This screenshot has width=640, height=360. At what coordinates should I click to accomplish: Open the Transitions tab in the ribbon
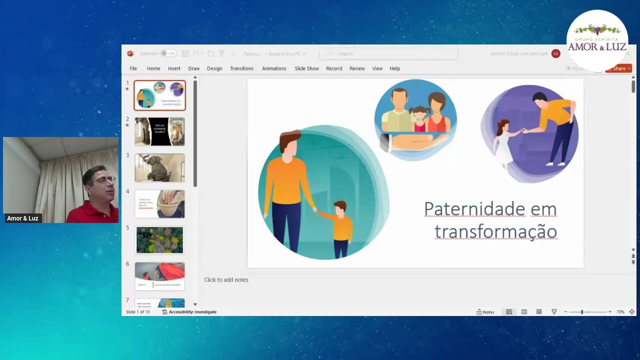(241, 68)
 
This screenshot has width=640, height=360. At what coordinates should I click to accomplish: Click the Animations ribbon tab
(274, 68)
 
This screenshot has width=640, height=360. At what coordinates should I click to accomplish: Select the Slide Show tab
(306, 68)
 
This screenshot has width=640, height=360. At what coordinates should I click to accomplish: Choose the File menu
(133, 68)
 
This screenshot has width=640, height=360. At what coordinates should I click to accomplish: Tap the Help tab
(395, 68)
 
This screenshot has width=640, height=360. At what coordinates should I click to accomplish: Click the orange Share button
(618, 68)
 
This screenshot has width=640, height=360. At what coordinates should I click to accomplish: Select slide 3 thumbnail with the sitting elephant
(159, 168)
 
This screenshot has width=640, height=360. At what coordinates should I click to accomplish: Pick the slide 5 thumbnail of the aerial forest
(159, 240)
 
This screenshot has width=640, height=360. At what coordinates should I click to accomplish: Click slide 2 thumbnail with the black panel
(159, 131)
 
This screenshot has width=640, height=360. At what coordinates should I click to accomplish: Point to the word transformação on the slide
(495, 231)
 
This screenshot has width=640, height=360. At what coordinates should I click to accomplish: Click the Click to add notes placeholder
(226, 280)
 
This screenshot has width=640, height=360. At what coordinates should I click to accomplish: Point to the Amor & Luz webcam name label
(22, 218)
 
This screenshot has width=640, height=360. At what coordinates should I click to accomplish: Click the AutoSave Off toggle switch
(168, 53)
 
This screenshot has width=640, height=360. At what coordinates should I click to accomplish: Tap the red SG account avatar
(555, 53)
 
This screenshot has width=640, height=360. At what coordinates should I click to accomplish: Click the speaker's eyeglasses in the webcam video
(105, 179)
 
